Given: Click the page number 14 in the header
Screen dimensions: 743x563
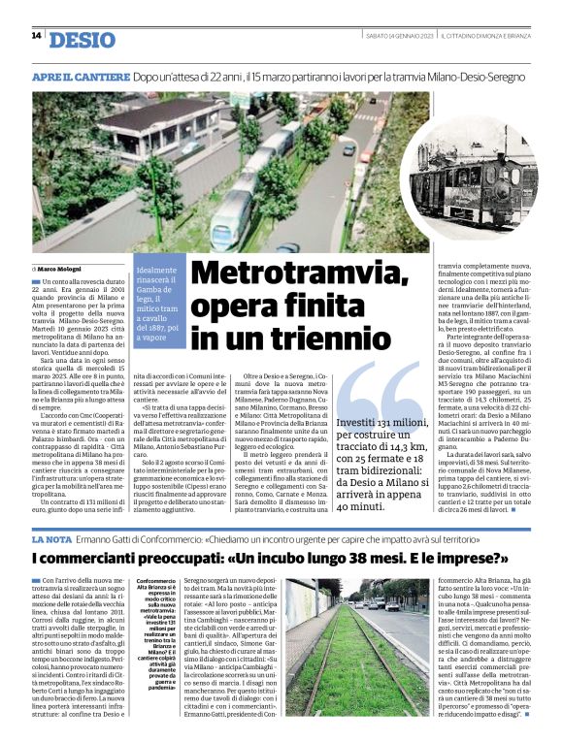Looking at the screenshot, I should click(x=36, y=36).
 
